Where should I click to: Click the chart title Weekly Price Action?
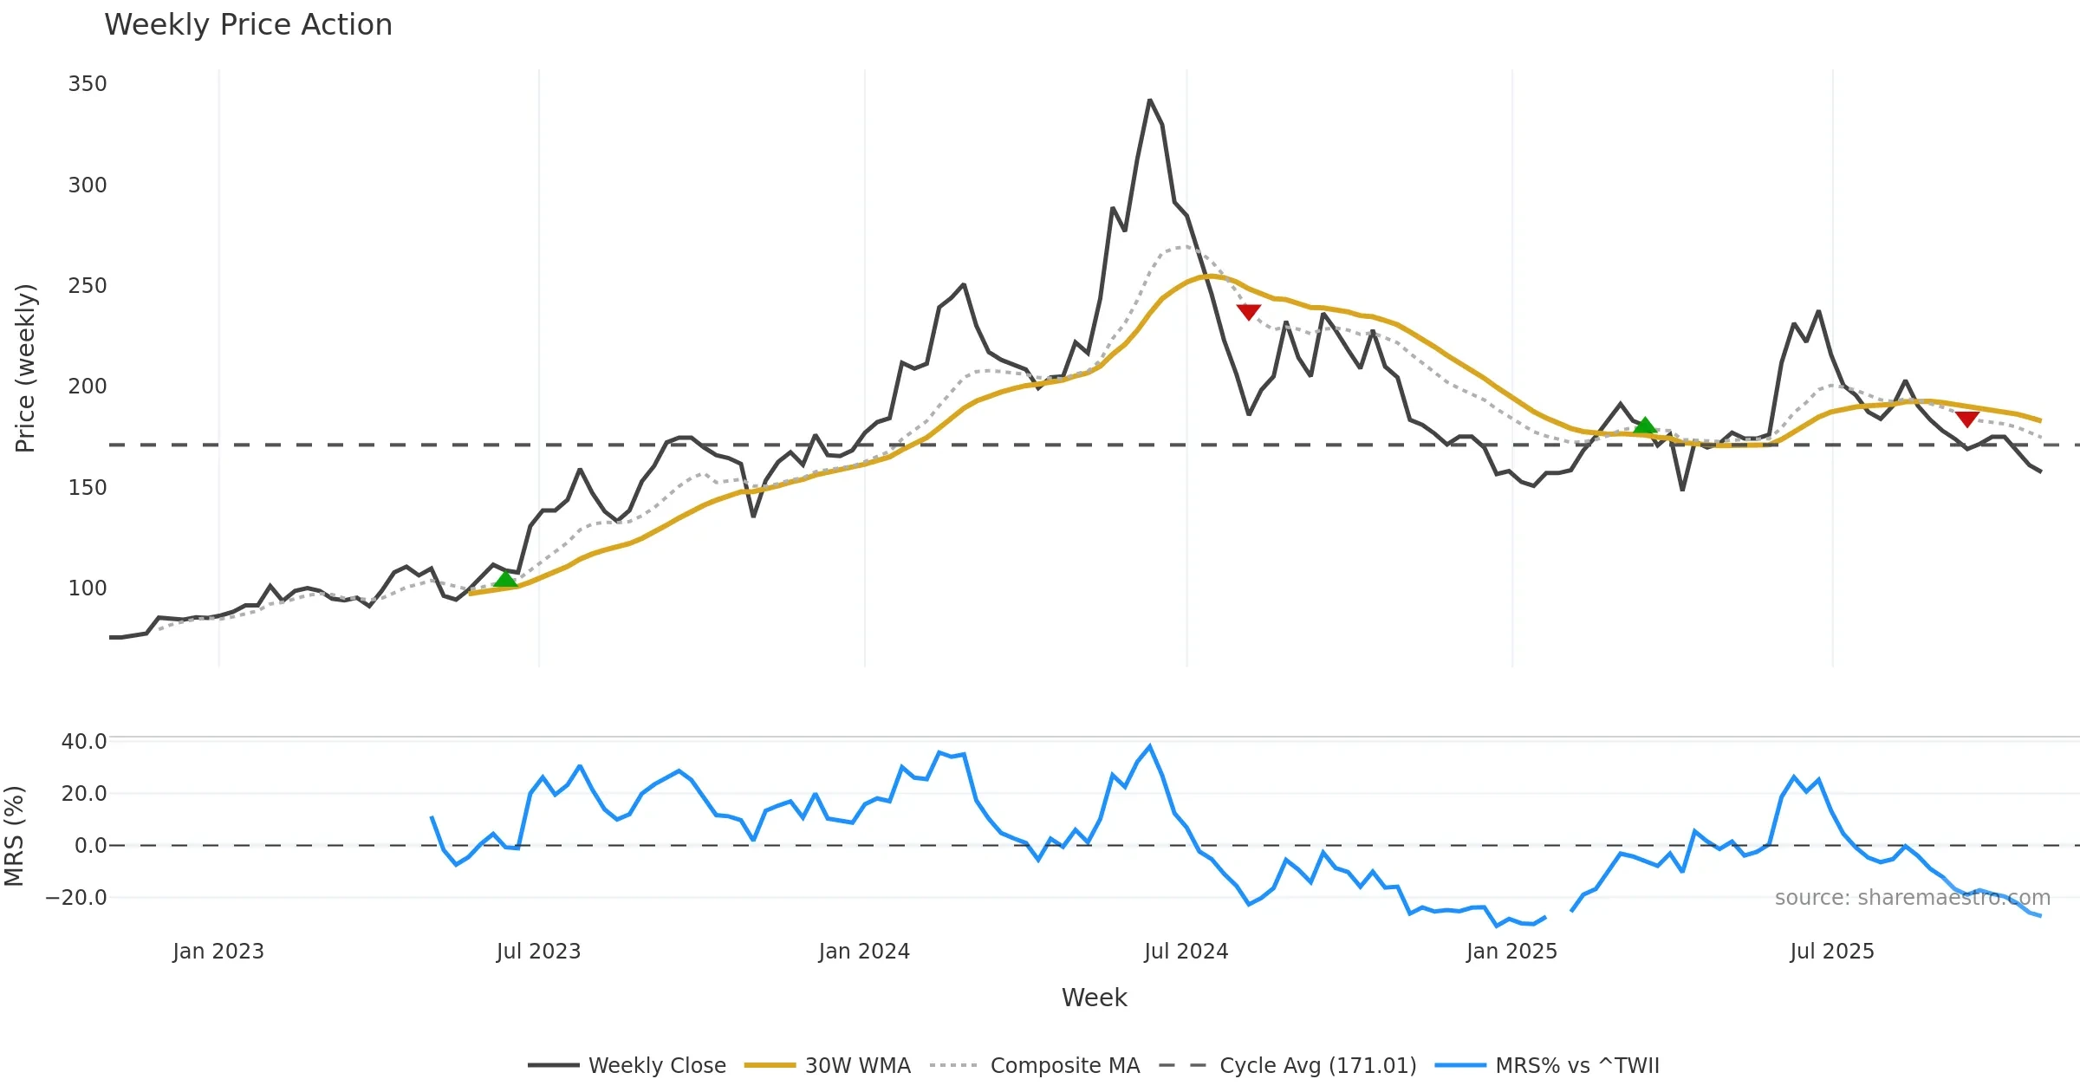[x=248, y=25]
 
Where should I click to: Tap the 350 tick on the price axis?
[x=88, y=84]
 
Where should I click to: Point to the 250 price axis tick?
[x=88, y=286]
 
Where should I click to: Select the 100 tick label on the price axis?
[x=88, y=588]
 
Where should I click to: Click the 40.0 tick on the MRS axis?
[x=84, y=742]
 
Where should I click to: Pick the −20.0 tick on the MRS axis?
[x=76, y=898]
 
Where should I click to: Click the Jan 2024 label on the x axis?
[x=864, y=952]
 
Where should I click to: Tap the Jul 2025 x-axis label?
[x=1832, y=952]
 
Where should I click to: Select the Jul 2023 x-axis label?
[x=538, y=952]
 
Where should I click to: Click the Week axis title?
[x=1094, y=998]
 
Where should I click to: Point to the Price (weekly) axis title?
[x=25, y=368]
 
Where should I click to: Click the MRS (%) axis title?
[x=14, y=836]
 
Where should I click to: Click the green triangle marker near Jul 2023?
[x=505, y=578]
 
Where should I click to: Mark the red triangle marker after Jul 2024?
[x=1249, y=312]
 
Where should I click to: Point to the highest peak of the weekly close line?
[x=1150, y=101]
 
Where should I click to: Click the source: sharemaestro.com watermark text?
[x=1913, y=898]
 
